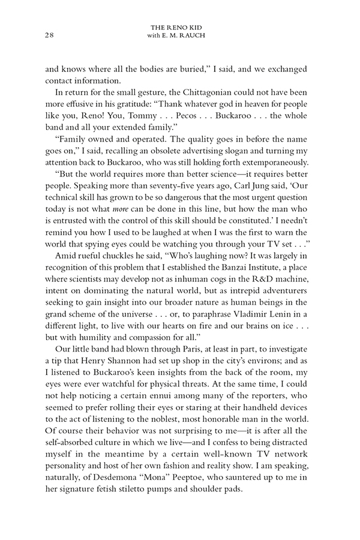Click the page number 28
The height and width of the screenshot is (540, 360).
coord(50,35)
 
